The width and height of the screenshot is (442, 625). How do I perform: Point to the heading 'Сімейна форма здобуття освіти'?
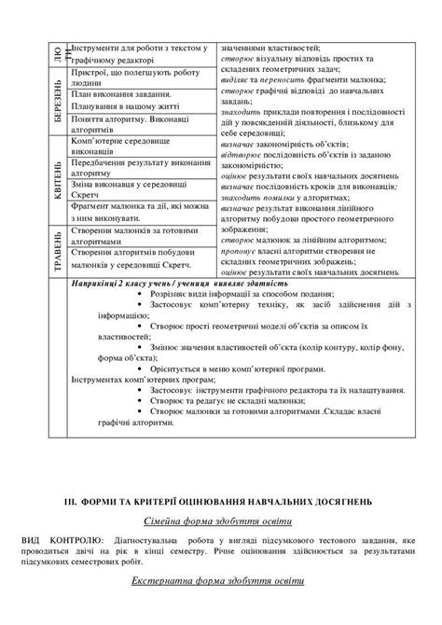[x=220, y=520]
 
